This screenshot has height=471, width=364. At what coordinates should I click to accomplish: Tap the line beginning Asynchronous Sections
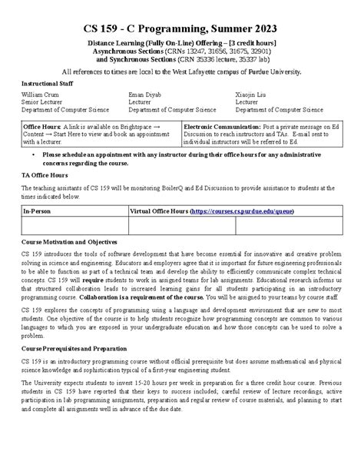[181, 49]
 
